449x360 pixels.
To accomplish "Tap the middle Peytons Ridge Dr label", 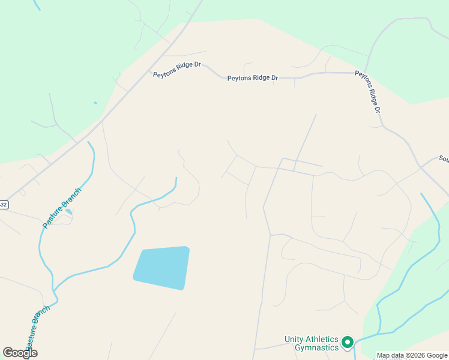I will (253, 78).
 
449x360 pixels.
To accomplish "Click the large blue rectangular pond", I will (161, 267).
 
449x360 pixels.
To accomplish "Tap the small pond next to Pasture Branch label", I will (69, 212).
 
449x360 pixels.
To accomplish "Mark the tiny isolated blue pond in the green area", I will (95, 103).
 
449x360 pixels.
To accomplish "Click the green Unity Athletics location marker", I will (347, 343).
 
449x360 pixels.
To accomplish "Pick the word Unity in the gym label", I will (294, 340).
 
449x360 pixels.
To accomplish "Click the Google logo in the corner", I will (20, 353).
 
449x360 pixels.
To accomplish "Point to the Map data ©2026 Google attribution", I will (411, 355).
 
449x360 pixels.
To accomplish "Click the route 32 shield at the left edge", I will (4, 205).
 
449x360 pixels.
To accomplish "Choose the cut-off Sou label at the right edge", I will (444, 159).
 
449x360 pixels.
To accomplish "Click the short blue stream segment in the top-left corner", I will (37, 5).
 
